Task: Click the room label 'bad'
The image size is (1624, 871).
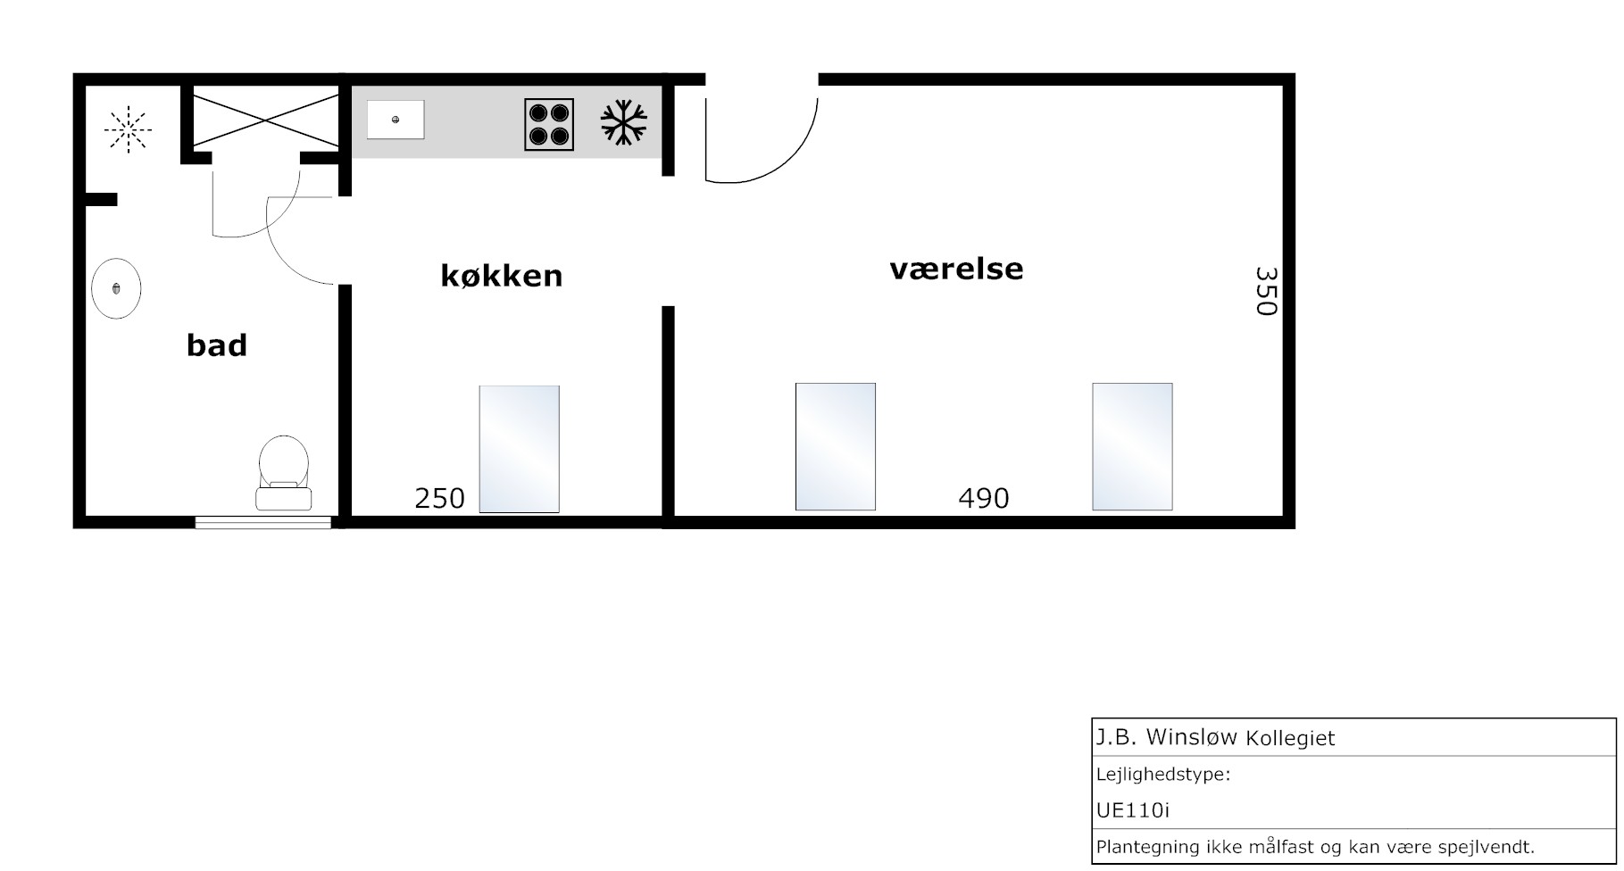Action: pyautogui.click(x=217, y=345)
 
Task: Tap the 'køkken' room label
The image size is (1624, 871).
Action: pyautogui.click(x=502, y=275)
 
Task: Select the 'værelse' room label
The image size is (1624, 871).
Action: pyautogui.click(x=956, y=269)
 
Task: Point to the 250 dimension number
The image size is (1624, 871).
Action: pyautogui.click(x=439, y=498)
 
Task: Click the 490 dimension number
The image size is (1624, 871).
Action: pyautogui.click(x=983, y=498)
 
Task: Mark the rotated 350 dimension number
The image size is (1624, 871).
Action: pyautogui.click(x=1266, y=291)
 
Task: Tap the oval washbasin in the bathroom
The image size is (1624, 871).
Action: pyautogui.click(x=116, y=288)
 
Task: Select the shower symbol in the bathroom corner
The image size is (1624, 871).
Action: pyautogui.click(x=129, y=130)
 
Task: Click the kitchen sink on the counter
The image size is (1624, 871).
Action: pyautogui.click(x=396, y=120)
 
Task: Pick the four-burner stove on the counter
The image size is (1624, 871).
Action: pyautogui.click(x=549, y=124)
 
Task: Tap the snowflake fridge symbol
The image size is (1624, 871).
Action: pyautogui.click(x=624, y=122)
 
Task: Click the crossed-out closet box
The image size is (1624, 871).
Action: pyautogui.click(x=266, y=120)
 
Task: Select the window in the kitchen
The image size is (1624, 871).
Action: pyautogui.click(x=520, y=449)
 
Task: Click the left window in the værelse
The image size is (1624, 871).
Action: pyautogui.click(x=836, y=447)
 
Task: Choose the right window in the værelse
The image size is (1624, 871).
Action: pyautogui.click(x=1132, y=447)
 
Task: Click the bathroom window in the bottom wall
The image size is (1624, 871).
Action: pyautogui.click(x=263, y=523)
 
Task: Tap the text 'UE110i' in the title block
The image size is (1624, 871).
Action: pyautogui.click(x=1133, y=810)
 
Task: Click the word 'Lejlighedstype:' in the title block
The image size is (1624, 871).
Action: pyautogui.click(x=1163, y=775)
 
